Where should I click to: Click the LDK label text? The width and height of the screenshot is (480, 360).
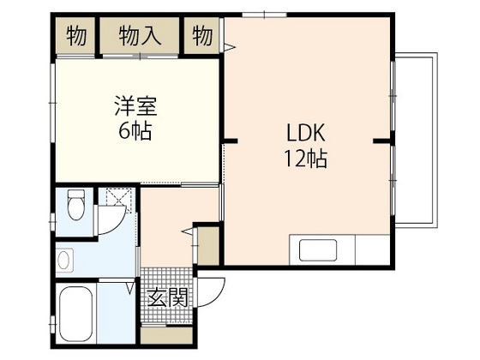click(305, 135)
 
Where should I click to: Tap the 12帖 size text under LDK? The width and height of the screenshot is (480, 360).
click(305, 159)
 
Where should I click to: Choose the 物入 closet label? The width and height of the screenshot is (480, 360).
click(141, 37)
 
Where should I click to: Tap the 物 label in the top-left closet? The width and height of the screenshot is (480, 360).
click(76, 37)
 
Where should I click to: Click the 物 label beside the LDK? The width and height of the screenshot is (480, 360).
click(203, 37)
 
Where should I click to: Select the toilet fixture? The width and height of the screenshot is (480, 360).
click(75, 207)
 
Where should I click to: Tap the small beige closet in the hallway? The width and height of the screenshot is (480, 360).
click(207, 245)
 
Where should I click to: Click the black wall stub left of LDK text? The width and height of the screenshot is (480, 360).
click(228, 140)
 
